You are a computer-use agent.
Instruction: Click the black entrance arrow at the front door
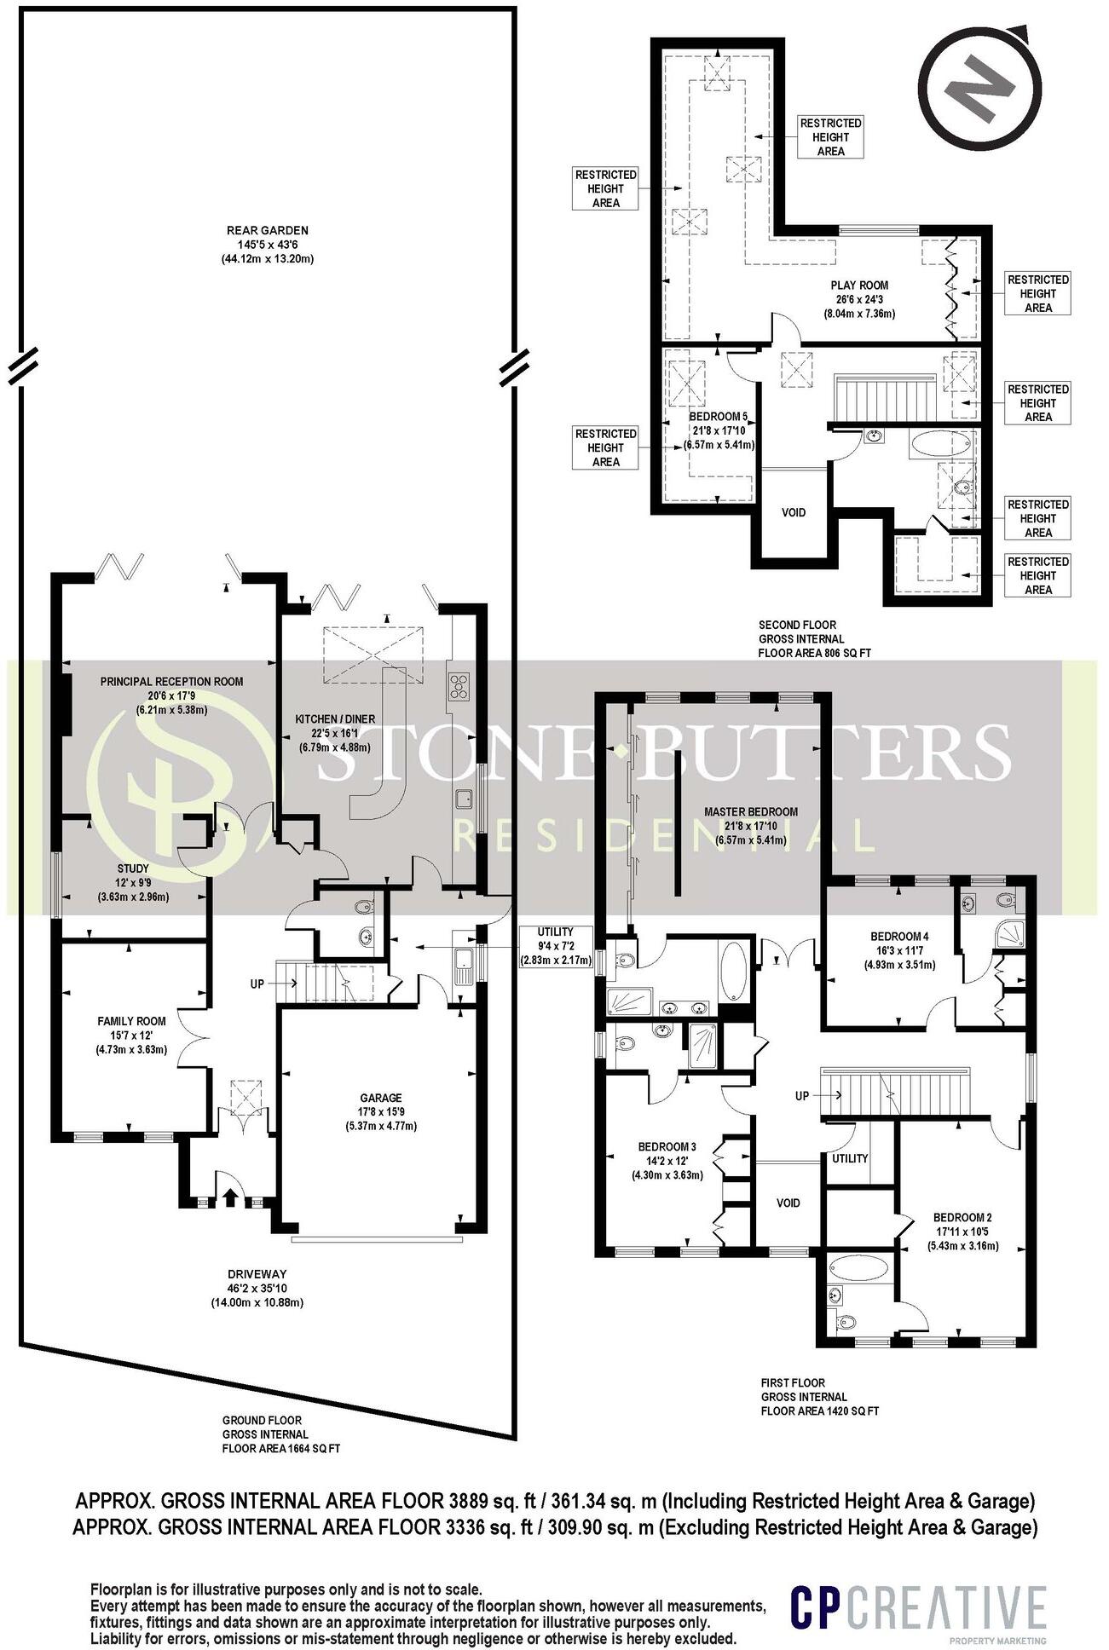pyautogui.click(x=228, y=1197)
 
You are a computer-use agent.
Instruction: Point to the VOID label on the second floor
pyautogui.click(x=794, y=512)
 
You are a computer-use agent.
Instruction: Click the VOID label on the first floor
pyautogui.click(x=788, y=1203)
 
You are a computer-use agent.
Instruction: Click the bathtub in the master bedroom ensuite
pyautogui.click(x=734, y=970)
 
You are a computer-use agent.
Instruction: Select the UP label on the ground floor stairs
pyautogui.click(x=257, y=984)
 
